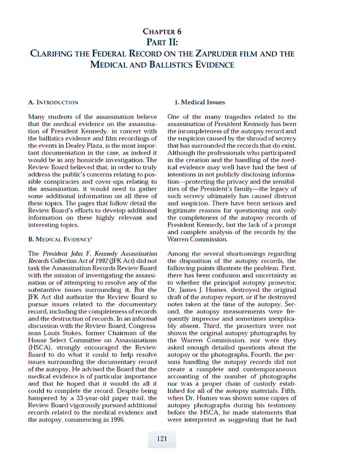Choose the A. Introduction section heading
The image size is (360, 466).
53,102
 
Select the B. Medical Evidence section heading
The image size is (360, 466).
59,239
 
